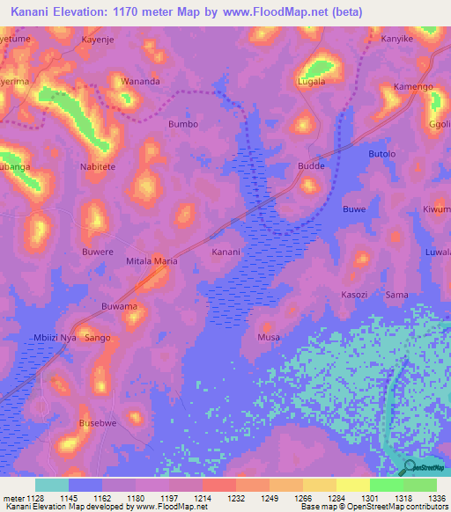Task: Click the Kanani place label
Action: click(225, 252)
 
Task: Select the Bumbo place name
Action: click(183, 125)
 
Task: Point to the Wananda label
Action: click(141, 82)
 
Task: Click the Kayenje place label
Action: click(99, 40)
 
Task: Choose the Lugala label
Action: click(312, 82)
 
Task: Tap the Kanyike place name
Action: click(396, 40)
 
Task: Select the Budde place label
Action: click(311, 165)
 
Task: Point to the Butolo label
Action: click(382, 154)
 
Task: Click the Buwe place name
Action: click(353, 209)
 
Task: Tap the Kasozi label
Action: click(354, 295)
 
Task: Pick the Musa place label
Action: click(268, 338)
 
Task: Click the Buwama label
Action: click(119, 306)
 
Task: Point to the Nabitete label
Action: click(98, 165)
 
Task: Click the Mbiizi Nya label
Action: click(55, 338)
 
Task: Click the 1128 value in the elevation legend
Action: click(35, 497)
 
